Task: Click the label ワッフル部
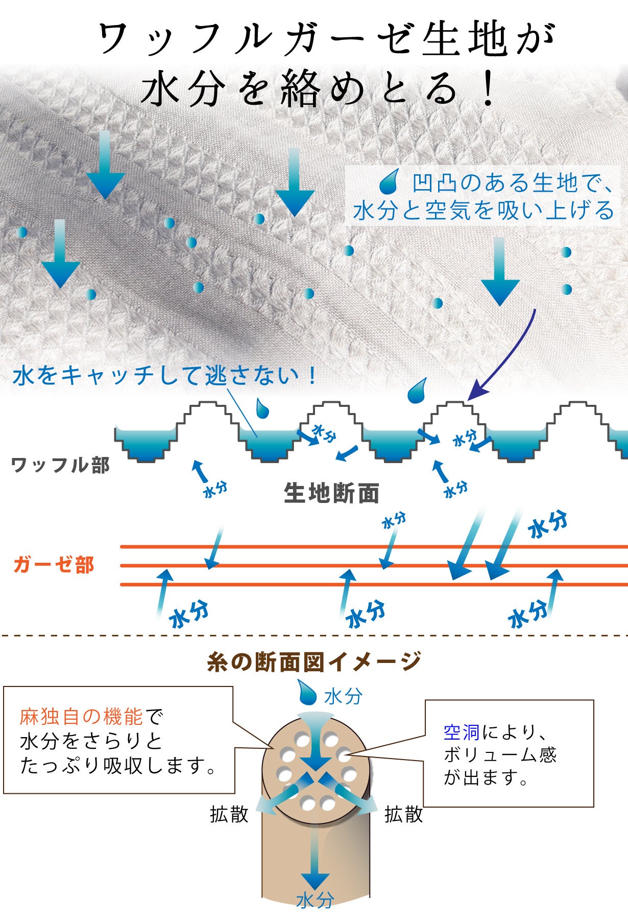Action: click(60, 465)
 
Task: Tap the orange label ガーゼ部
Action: click(54, 565)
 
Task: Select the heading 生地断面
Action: click(331, 493)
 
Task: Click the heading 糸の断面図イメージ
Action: click(313, 661)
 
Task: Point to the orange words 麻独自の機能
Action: click(81, 717)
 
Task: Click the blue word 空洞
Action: click(461, 732)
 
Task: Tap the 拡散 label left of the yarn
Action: click(229, 814)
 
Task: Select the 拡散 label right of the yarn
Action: click(404, 814)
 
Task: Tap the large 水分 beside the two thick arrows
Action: click(547, 524)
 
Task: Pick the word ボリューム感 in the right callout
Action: click(500, 755)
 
